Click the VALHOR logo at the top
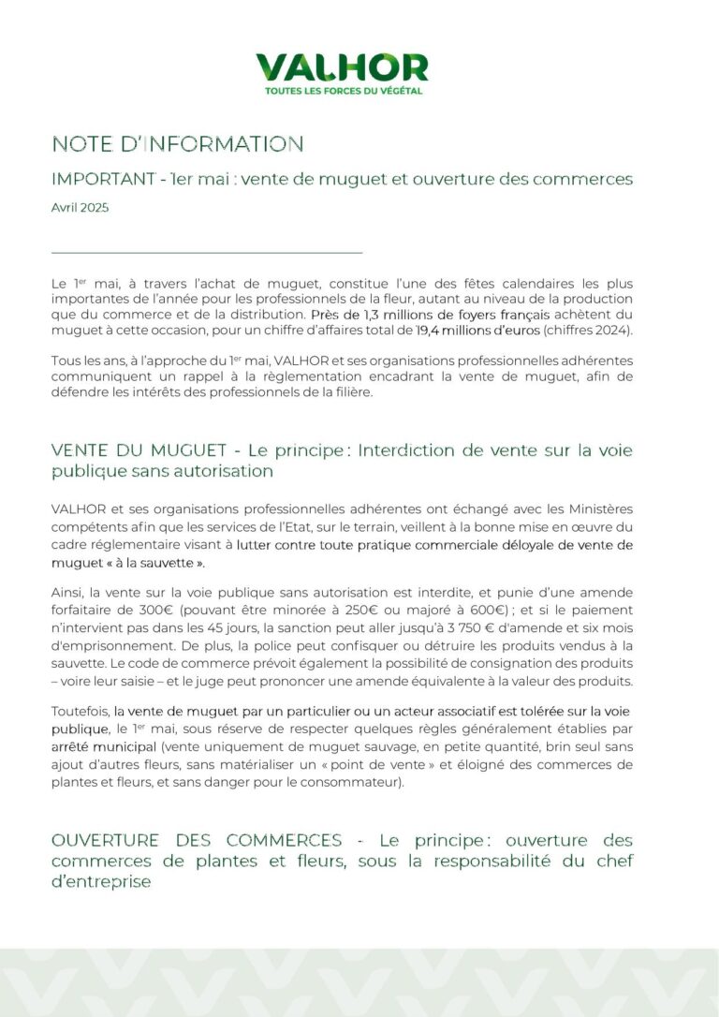pyautogui.click(x=342, y=67)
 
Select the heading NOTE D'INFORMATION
pyautogui.click(x=177, y=144)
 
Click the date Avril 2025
pyautogui.click(x=80, y=208)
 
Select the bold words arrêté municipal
pyautogui.click(x=103, y=748)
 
